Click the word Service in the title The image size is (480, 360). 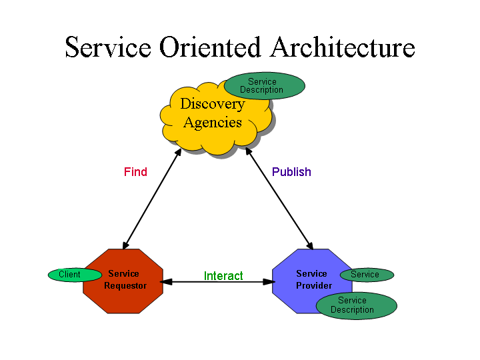click(108, 48)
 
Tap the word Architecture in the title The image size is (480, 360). click(343, 48)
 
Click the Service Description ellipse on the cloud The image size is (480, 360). click(264, 86)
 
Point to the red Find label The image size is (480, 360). click(135, 172)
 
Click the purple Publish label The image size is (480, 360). click(291, 172)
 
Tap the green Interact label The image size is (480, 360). click(223, 276)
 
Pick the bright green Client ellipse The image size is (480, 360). click(69, 275)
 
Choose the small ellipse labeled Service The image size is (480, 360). click(366, 275)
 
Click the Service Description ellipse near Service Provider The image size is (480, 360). click(356, 305)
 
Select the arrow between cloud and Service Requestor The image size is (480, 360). click(152, 199)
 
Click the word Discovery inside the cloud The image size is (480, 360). click(212, 104)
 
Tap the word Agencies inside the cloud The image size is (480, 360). click(212, 123)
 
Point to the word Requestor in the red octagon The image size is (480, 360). click(125, 286)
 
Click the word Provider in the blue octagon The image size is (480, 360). click(313, 285)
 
